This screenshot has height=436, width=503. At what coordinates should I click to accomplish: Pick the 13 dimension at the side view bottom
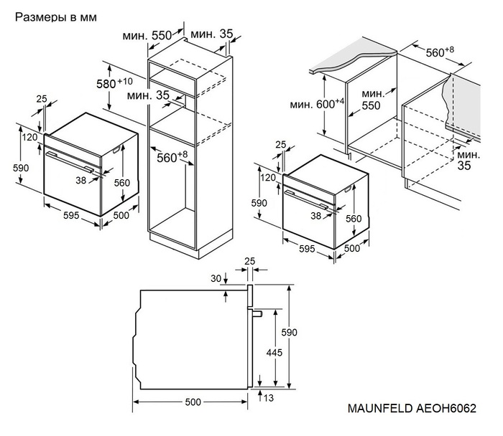pyautogui.click(x=268, y=398)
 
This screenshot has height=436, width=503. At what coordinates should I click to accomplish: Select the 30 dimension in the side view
pyautogui.click(x=216, y=279)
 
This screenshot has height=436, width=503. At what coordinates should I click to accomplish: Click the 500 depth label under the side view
pyautogui.click(x=193, y=402)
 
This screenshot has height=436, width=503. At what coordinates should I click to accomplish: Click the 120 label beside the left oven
pyautogui.click(x=29, y=137)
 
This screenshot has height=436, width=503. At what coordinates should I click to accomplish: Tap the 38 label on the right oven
pyautogui.click(x=315, y=214)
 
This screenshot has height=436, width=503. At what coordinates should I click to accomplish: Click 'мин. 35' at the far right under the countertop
pyautogui.click(x=467, y=160)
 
